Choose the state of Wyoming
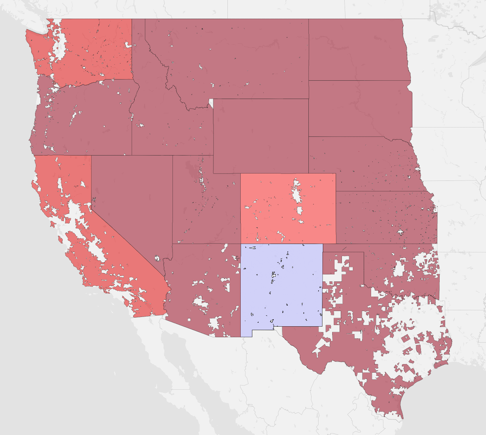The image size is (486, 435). [x=261, y=136]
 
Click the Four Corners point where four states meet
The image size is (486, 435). [x=241, y=244]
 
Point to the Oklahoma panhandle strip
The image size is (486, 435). [x=343, y=248]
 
